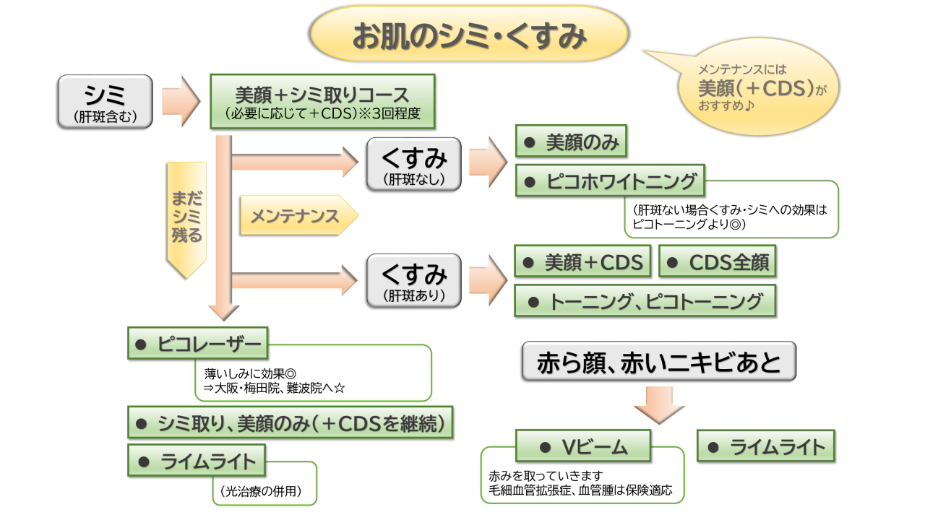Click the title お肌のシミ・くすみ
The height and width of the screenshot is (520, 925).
pos(468,35)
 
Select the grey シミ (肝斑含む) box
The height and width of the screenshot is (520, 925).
pos(106,102)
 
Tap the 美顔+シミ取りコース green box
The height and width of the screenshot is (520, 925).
pos(322,102)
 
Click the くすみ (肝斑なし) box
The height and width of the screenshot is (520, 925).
pos(413,165)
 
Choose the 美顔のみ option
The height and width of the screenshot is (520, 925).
pos(571,144)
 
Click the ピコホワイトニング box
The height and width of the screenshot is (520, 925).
pos(611,182)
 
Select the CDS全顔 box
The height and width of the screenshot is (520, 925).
pos(717,263)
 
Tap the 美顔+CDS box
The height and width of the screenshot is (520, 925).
pos(583,263)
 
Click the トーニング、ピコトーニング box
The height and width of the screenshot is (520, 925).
pos(645,301)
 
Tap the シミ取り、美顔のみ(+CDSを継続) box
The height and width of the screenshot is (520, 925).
pos(291,422)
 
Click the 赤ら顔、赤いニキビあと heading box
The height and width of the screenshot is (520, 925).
pos(658,362)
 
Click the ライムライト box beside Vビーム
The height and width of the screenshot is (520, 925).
pos(766,446)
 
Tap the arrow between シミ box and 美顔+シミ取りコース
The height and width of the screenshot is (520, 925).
pos(180,102)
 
